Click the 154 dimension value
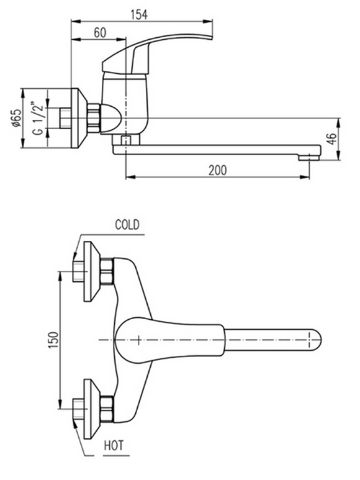pos(139,14)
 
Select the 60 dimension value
pos(100,33)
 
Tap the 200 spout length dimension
pos(218,170)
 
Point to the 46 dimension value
pos(333,139)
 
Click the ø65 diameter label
pos(17,118)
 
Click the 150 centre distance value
pos(53,340)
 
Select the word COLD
pos(127,225)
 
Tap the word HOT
pos(114,445)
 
